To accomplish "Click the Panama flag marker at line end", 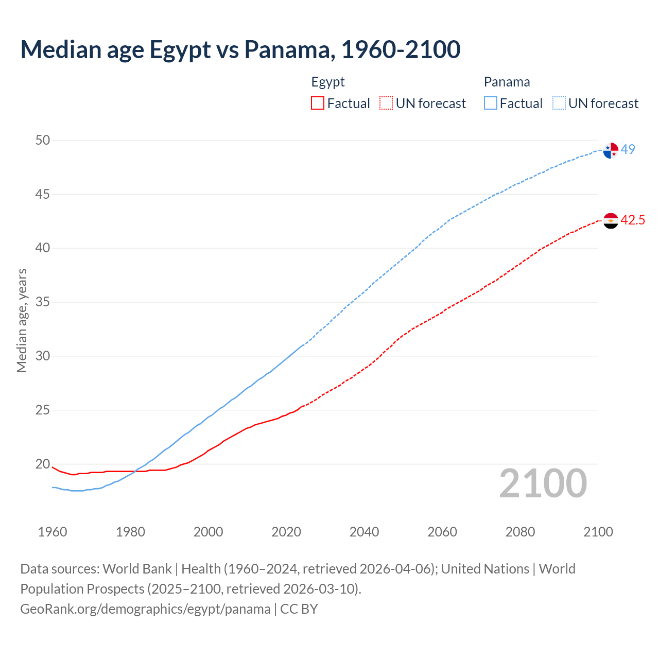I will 611,150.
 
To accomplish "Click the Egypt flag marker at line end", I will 611,221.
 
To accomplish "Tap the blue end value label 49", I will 628,149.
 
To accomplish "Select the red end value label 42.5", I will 633,220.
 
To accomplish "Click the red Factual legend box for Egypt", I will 318,103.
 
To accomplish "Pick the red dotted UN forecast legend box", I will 386,103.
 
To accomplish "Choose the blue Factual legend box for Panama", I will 491,103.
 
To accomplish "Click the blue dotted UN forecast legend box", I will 559,103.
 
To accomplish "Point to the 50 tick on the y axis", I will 43,140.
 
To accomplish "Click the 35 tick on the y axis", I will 43,302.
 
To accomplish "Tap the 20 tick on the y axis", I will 43,464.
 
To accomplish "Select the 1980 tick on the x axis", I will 130,532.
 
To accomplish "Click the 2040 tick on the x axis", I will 364,532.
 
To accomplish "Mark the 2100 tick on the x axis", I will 598,532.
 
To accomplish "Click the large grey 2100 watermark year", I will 543,483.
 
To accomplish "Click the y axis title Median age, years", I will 22,320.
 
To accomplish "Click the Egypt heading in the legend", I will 328,82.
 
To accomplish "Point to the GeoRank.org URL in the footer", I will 145,609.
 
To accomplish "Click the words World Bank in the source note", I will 137,569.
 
